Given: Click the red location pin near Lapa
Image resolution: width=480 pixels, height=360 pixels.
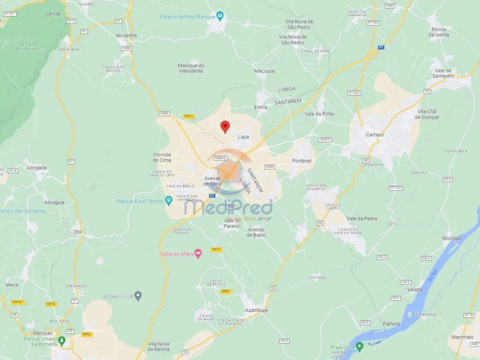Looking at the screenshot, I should point(225,126).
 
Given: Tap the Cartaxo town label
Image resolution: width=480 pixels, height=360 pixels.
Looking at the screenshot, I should point(374,134).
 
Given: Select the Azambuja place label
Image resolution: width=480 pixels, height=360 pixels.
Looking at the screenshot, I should point(256,310).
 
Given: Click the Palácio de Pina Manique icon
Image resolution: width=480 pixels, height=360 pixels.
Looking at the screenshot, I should point(219,16).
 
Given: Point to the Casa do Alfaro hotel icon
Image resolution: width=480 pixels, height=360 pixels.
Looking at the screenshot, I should point(198,254).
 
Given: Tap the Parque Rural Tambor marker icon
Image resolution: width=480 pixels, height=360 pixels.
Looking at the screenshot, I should point(168,201).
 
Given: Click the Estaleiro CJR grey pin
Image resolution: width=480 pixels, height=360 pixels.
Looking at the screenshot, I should point(138,296).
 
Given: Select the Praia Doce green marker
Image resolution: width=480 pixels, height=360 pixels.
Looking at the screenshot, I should point(359,347).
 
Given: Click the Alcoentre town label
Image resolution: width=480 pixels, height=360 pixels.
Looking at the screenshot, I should point(126,35).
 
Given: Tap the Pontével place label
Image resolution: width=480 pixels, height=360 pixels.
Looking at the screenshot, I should point(301,161).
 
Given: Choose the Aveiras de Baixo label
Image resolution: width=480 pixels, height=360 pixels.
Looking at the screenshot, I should point(256,232).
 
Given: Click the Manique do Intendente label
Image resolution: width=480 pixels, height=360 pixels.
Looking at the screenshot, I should point(191,68).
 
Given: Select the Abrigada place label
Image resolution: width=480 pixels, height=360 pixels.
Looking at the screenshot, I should point(36,167).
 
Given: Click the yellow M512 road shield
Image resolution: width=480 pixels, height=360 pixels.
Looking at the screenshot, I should point(188,116).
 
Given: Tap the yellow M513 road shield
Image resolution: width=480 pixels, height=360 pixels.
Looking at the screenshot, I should point(216,249).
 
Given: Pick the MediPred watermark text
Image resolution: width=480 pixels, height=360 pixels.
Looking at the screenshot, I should point(229,206).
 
